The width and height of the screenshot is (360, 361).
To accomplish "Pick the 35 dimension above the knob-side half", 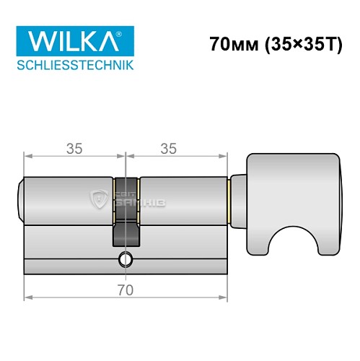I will click(x=168, y=149).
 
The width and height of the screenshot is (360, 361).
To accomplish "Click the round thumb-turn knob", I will click(x=291, y=184).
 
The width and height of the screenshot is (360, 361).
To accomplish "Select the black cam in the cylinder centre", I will click(x=126, y=217).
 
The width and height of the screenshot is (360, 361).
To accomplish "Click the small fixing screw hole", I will click(x=127, y=259).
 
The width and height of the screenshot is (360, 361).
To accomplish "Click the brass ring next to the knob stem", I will click(x=229, y=198).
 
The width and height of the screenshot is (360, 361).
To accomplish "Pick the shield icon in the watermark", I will click(x=98, y=198).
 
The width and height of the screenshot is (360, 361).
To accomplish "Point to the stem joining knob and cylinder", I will click(x=238, y=198).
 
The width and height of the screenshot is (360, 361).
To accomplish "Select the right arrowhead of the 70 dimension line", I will click(x=224, y=296).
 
